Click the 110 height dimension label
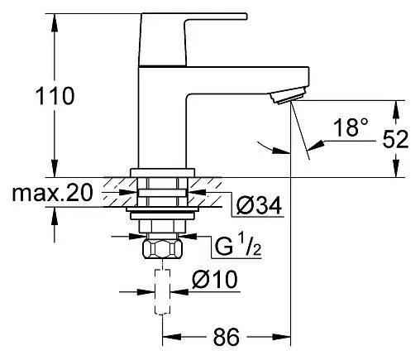tap(55, 96)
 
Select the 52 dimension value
tap(395, 139)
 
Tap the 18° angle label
tap(351, 127)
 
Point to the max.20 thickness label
tap(52, 193)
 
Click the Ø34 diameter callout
tap(259, 205)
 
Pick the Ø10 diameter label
tap(215, 279)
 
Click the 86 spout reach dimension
tap(226, 337)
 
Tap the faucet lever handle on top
tap(193, 39)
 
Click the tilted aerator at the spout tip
tap(288, 95)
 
